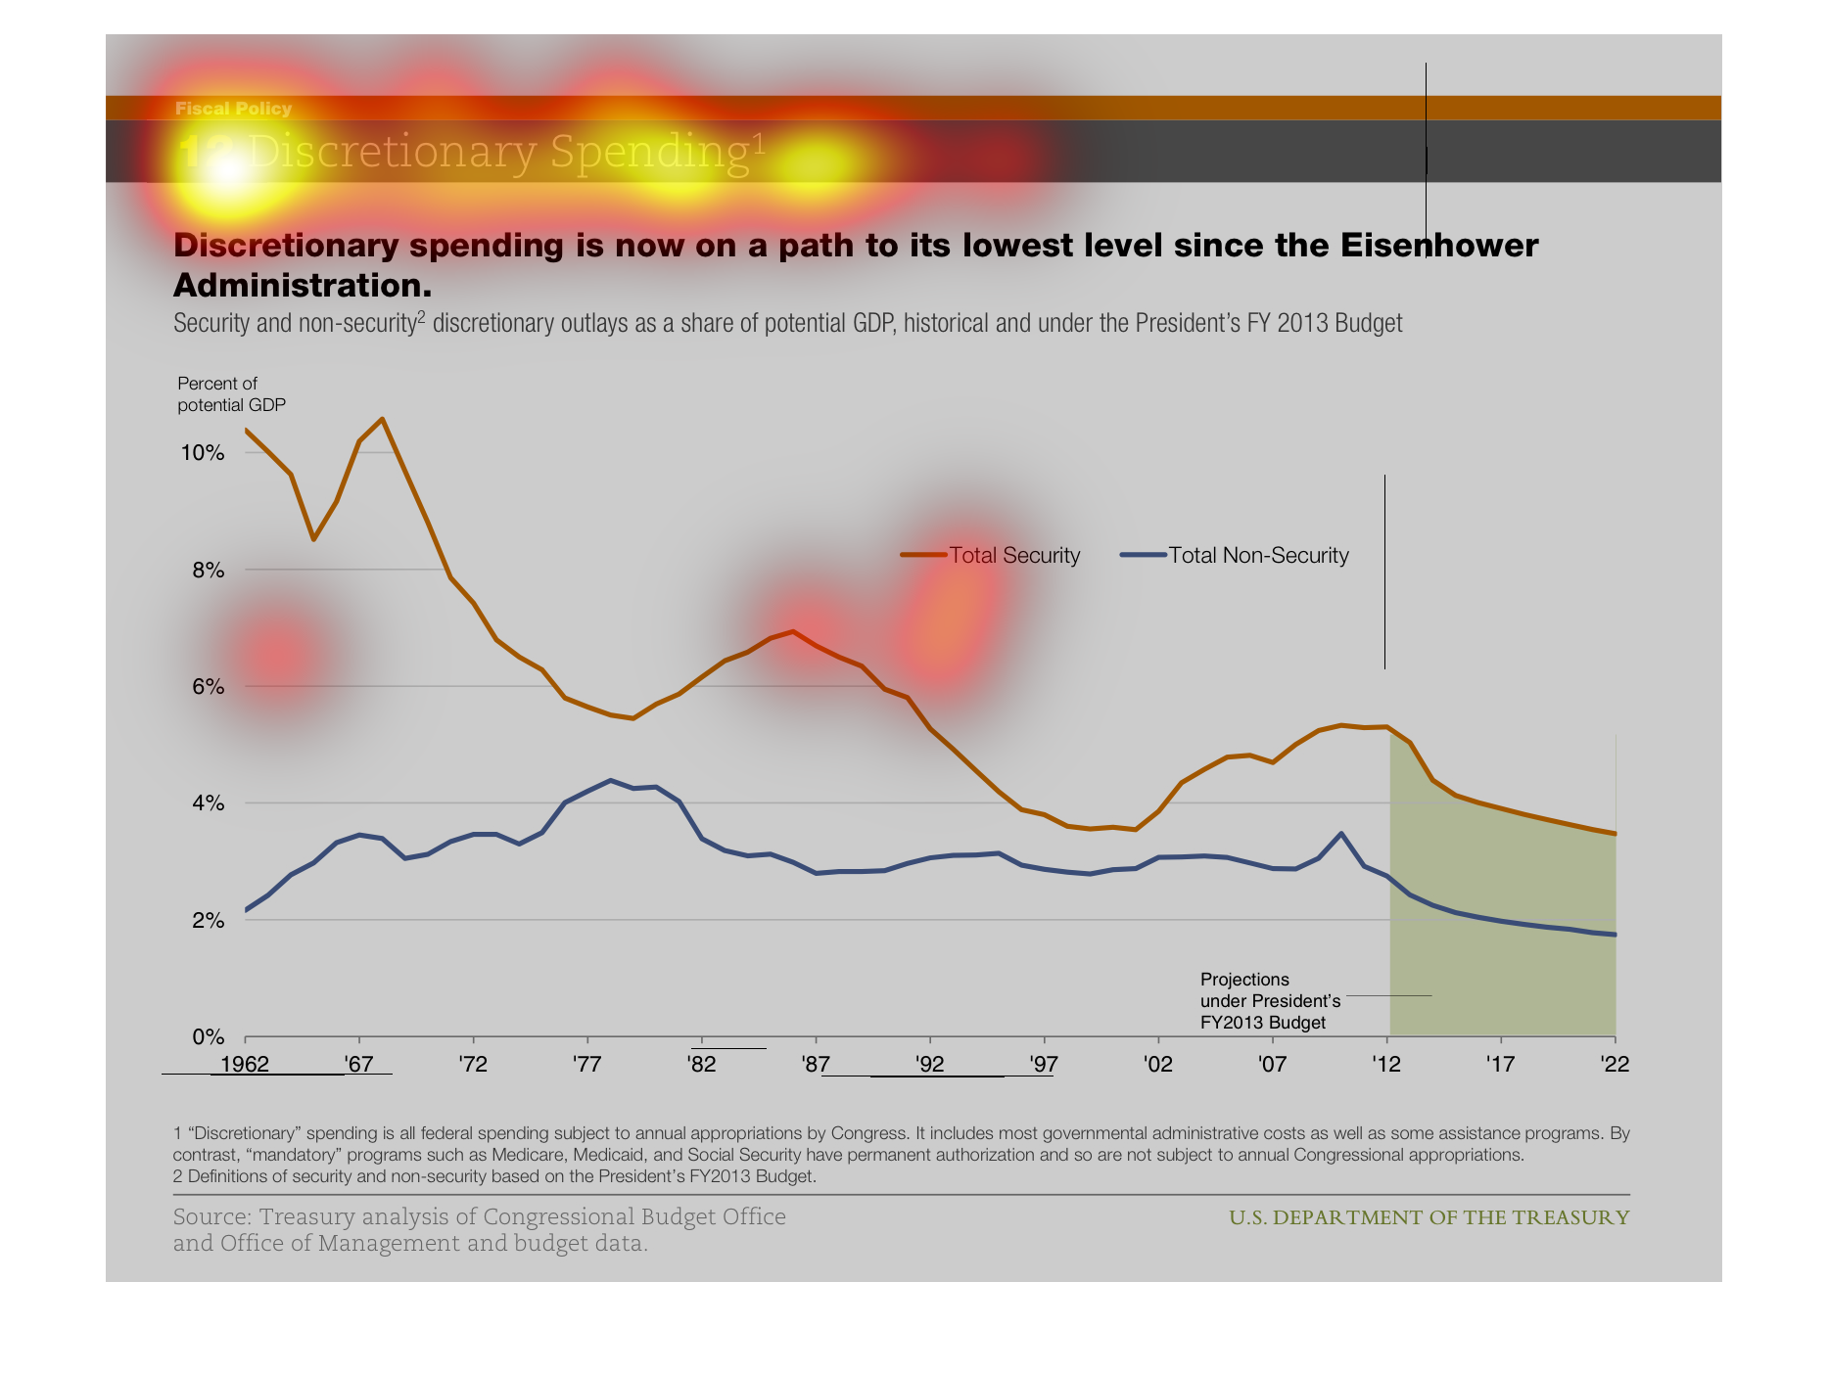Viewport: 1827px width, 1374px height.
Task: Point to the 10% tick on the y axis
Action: [203, 453]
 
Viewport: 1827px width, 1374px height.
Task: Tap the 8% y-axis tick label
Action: [208, 571]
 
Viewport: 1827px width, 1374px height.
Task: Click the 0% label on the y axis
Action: [208, 1037]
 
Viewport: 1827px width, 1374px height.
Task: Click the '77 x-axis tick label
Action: [587, 1065]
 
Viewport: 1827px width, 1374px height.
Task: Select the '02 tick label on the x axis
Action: [1158, 1065]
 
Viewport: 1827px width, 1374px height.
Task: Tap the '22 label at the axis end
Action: [1615, 1065]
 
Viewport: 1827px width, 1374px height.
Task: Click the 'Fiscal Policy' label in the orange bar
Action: [233, 109]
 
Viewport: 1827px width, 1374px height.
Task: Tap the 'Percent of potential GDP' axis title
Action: [231, 394]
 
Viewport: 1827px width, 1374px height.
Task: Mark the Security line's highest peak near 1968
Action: [382, 419]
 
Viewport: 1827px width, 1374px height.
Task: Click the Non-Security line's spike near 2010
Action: [1340, 834]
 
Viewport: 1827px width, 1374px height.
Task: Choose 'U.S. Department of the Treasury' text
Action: [1429, 1217]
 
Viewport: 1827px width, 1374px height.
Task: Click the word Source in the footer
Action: [211, 1217]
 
